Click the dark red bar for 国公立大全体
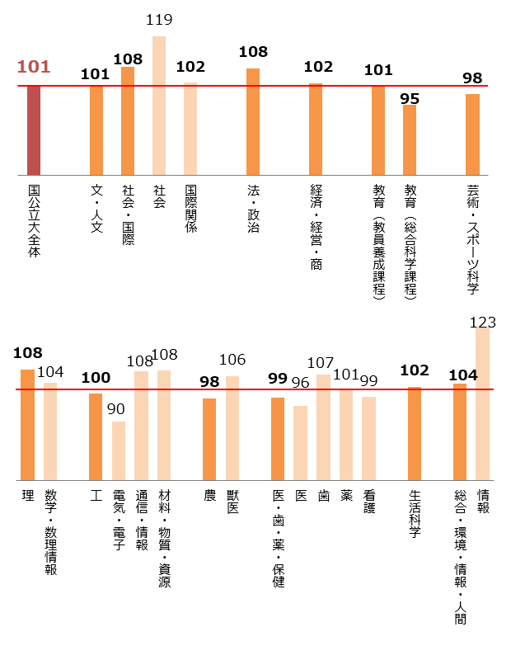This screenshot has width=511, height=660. [x=34, y=130]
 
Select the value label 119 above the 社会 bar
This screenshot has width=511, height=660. [x=159, y=20]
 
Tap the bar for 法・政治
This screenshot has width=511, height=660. [x=253, y=121]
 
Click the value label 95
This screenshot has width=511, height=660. [x=410, y=98]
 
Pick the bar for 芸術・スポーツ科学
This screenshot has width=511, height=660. [x=472, y=134]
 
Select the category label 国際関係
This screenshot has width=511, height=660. [x=190, y=209]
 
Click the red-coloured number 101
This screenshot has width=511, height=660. [x=34, y=67]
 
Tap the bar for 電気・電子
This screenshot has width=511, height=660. [x=119, y=450]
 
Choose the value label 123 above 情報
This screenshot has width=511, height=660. [x=483, y=323]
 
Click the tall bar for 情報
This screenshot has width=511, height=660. [x=483, y=404]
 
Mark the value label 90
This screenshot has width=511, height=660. [x=116, y=409]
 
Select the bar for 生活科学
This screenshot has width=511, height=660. [x=415, y=433]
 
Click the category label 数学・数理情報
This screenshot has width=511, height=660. [x=50, y=532]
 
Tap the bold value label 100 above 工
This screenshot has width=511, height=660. [x=96, y=378]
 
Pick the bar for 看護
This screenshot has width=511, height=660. [x=368, y=438]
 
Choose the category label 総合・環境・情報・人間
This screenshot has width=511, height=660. [x=460, y=557]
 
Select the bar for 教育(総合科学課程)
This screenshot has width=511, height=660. [x=410, y=140]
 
